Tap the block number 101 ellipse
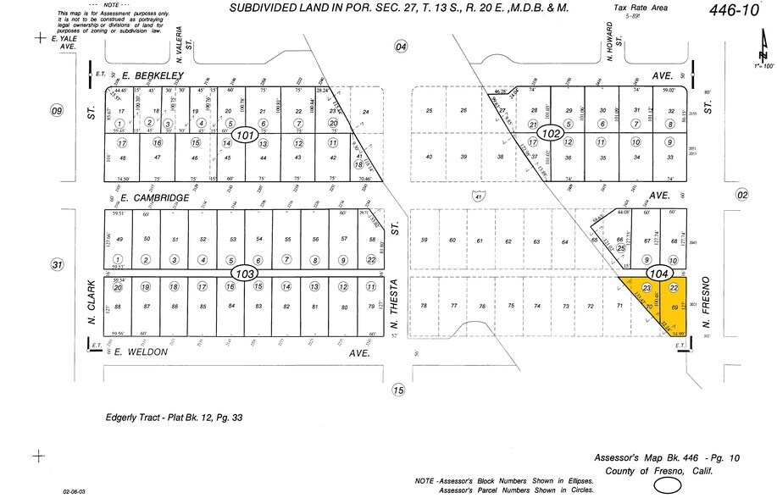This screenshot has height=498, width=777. (246, 136)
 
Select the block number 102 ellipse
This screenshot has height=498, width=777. (552, 134)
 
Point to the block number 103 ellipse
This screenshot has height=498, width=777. (245, 274)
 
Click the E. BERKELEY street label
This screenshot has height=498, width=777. (153, 75)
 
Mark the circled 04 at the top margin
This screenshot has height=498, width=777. (401, 47)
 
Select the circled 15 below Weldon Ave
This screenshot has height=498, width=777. (399, 390)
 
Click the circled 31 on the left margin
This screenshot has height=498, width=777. (57, 265)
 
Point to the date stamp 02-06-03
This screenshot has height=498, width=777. (75, 490)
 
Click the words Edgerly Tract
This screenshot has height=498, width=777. (129, 417)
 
